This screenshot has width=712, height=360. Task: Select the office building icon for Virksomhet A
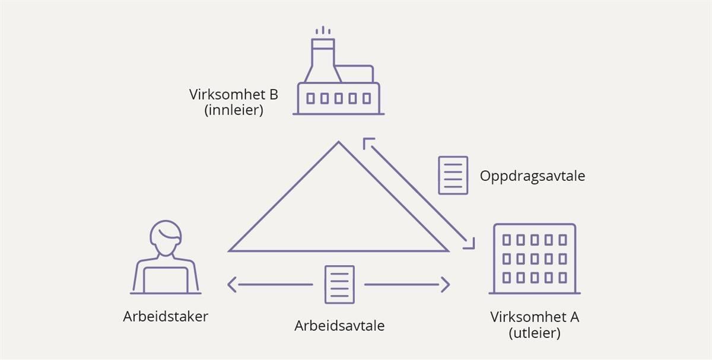(535, 259)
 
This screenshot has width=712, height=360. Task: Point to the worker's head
(166, 237)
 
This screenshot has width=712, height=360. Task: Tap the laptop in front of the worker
(166, 279)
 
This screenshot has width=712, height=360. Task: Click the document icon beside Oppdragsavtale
(453, 175)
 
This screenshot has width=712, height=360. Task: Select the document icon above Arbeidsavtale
(339, 284)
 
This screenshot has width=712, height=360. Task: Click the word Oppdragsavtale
(532, 176)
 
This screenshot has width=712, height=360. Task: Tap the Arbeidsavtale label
(339, 326)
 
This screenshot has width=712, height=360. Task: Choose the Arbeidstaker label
(166, 317)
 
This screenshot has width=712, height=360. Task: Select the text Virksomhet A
(535, 317)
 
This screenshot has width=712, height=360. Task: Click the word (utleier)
(535, 333)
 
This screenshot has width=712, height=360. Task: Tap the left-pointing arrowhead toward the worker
(231, 285)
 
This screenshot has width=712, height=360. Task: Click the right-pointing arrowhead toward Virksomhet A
(446, 285)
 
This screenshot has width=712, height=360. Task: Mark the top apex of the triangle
(339, 142)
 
